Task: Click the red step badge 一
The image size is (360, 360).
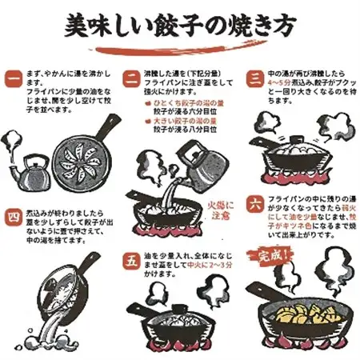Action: point(13,80)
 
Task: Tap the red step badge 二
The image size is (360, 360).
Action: point(131,78)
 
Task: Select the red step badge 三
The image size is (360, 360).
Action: point(254,78)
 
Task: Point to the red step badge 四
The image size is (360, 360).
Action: point(13,218)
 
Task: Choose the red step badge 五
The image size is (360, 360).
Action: point(131,261)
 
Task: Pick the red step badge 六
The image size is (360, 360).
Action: point(254,203)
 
